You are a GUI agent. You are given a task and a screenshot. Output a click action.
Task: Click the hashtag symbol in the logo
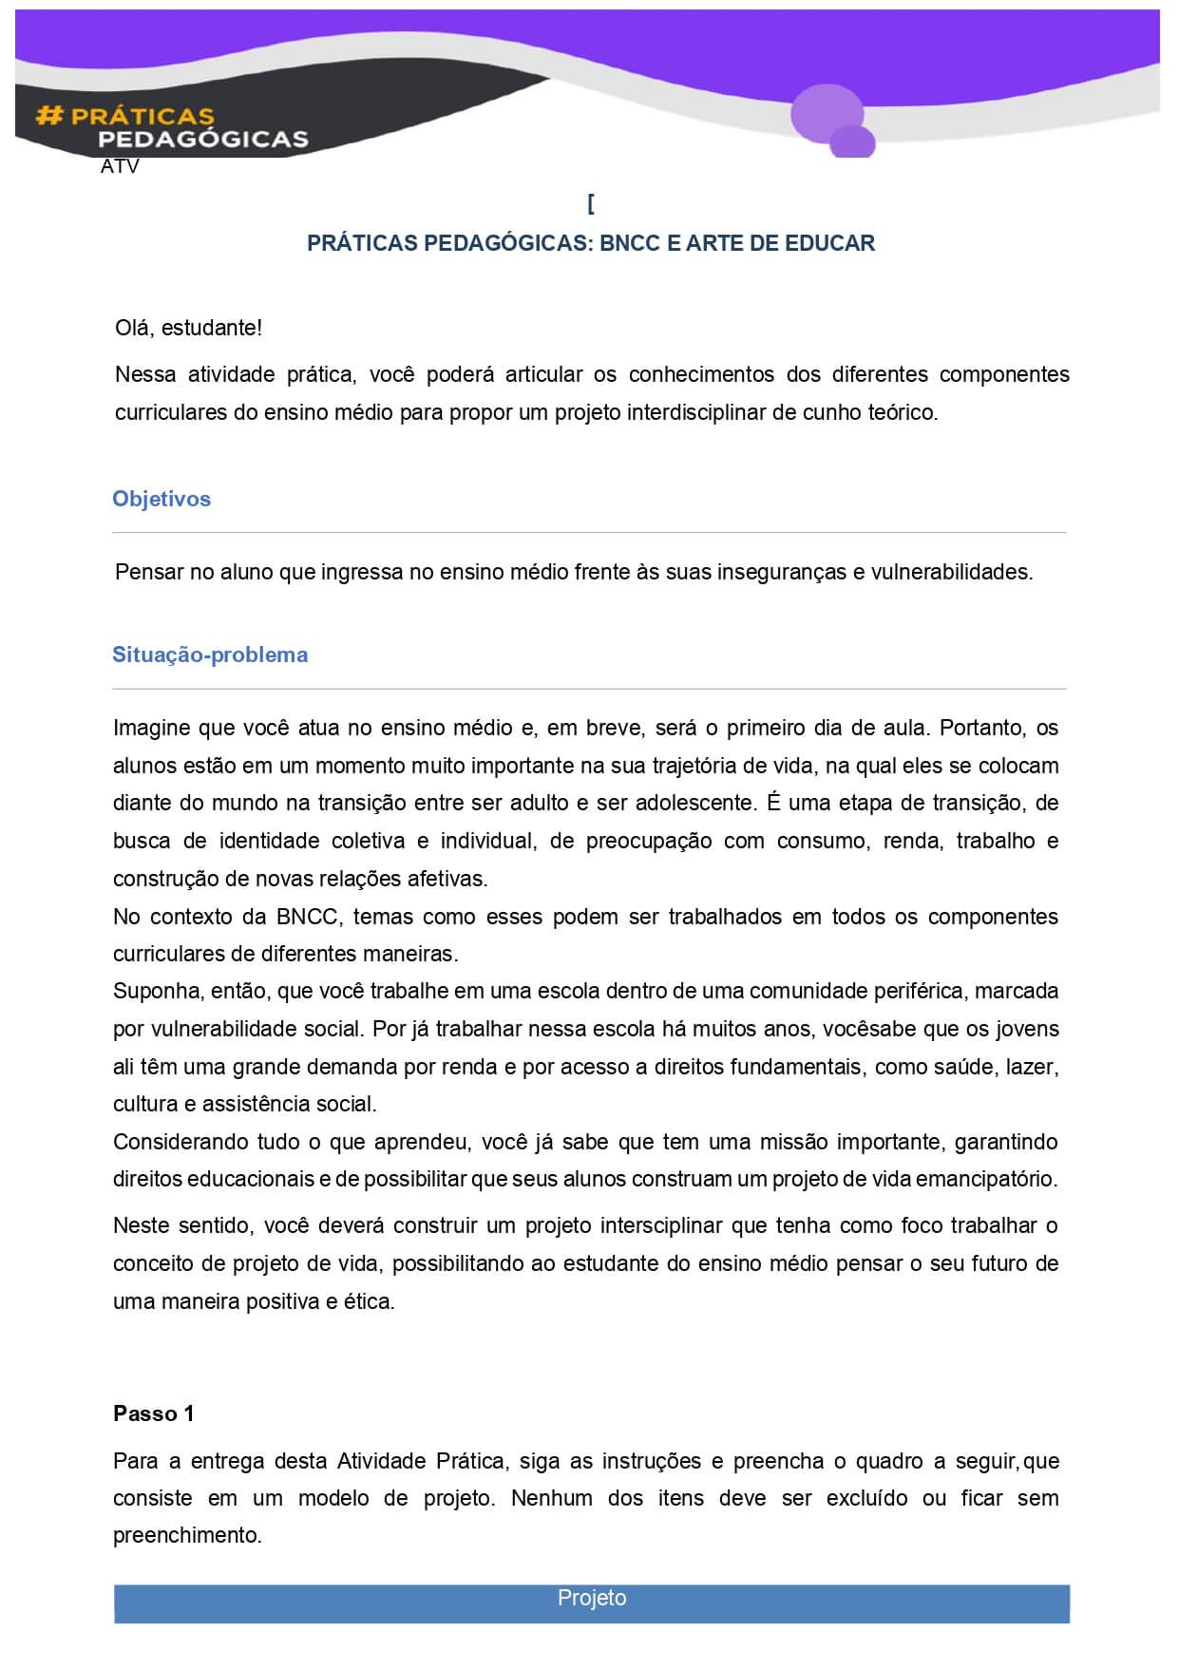coord(48,116)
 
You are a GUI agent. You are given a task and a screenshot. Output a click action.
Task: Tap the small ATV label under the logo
coord(120,167)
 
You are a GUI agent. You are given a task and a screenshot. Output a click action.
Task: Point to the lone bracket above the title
coord(591,203)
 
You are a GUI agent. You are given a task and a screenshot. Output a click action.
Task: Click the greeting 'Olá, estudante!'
coord(188,328)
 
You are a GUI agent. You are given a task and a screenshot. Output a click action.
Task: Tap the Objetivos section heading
coord(162,499)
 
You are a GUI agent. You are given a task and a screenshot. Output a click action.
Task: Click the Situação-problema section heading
coord(210,654)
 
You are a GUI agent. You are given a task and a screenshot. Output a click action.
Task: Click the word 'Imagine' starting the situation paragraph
coord(152,728)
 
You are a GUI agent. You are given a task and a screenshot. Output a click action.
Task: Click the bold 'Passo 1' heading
coord(153,1413)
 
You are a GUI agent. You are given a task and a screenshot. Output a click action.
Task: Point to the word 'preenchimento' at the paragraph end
coord(186,1536)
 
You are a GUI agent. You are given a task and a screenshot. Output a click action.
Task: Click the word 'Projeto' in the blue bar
coord(592,1598)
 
